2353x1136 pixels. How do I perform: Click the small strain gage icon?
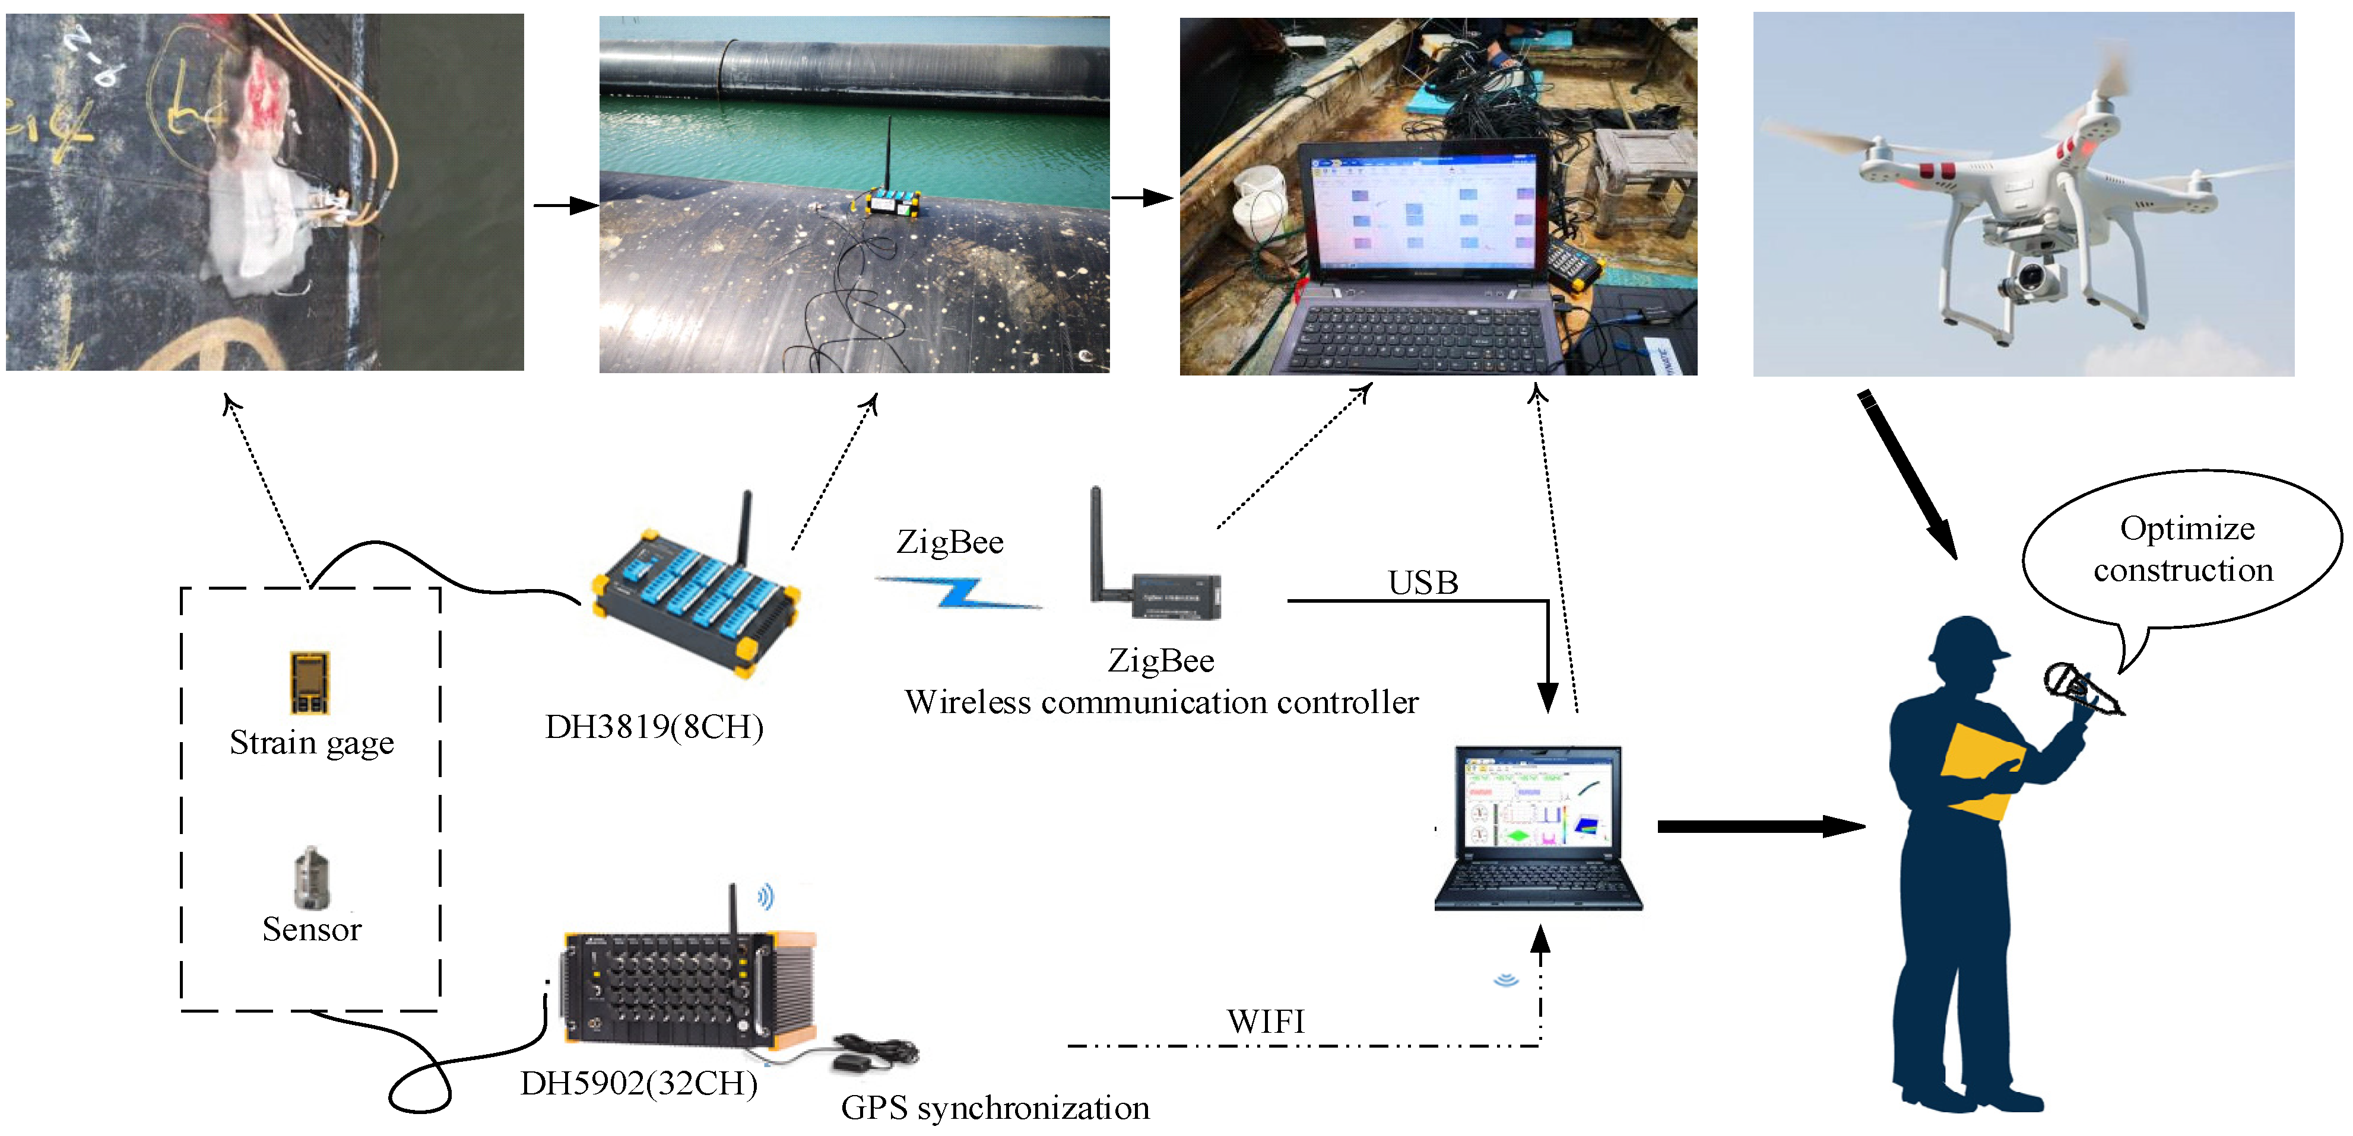[310, 682]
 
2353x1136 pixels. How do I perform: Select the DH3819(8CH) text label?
[654, 727]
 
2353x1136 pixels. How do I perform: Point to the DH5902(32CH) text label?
[639, 1083]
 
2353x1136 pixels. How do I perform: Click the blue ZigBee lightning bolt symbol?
[958, 593]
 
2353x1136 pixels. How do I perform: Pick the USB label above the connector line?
[1422, 583]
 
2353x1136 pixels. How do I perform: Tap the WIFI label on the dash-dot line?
[1265, 1021]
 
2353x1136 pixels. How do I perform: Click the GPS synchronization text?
[995, 1108]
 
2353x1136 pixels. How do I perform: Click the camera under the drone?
[2032, 279]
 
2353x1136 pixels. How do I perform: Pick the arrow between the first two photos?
[565, 205]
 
